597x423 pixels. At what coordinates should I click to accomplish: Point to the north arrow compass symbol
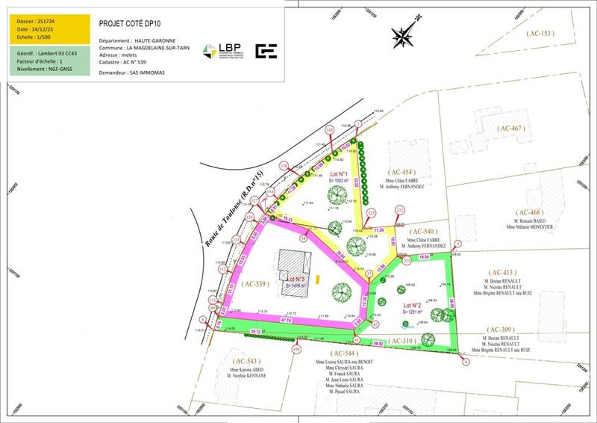click(405, 34)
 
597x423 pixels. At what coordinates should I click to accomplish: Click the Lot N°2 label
click(413, 306)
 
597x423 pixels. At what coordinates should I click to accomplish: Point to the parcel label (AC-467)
click(515, 129)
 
